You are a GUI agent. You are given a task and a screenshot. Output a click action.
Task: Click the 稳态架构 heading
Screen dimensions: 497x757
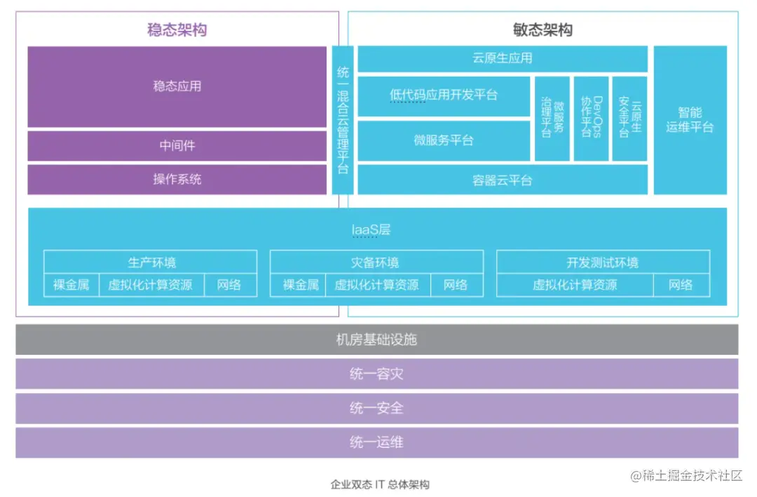[x=177, y=29]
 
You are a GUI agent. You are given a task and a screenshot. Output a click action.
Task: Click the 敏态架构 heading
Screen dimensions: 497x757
[x=543, y=29]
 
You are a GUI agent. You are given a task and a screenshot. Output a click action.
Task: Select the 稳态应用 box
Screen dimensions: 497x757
[x=177, y=86]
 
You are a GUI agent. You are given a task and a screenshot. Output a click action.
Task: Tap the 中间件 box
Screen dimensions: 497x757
[x=177, y=146]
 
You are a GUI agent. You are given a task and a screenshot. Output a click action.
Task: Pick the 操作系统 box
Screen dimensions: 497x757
[x=177, y=179]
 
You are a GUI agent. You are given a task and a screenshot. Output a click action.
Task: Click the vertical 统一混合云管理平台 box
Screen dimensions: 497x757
[x=343, y=120]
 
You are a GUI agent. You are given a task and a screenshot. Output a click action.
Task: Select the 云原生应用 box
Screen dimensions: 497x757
[x=503, y=59]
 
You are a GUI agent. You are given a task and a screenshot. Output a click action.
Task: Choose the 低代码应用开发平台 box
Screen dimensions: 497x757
[x=444, y=95]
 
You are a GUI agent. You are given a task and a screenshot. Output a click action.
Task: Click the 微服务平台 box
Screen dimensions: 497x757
[x=444, y=140]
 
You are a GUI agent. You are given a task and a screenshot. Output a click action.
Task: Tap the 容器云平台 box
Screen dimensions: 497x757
[x=503, y=180]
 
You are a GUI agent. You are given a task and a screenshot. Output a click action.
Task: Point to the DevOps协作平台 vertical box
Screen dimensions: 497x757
[x=591, y=118]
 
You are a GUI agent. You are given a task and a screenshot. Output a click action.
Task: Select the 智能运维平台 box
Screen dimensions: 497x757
[x=690, y=120]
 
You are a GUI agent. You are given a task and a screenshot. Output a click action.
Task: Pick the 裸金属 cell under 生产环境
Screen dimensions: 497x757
[x=71, y=285]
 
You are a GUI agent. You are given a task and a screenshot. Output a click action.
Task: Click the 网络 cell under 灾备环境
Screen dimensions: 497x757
[x=456, y=285]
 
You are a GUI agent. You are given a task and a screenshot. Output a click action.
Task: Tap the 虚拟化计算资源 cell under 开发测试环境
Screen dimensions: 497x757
[x=575, y=285]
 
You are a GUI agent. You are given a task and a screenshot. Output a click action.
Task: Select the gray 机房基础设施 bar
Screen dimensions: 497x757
[x=377, y=340]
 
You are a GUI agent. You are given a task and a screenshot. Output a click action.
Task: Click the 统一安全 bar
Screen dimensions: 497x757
[x=377, y=408]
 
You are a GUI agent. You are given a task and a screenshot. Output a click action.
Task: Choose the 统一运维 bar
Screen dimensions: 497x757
[x=377, y=442]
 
